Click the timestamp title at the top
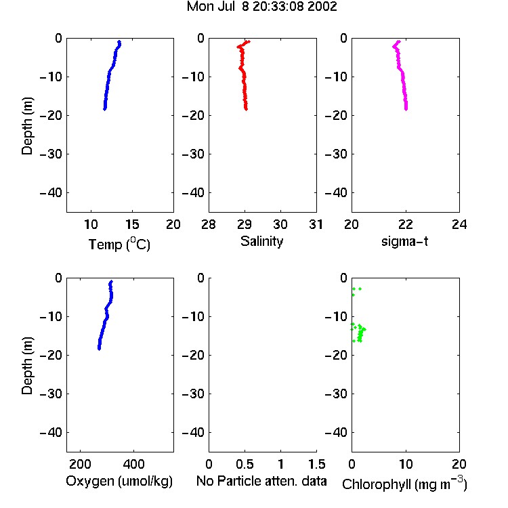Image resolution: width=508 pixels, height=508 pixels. [x=261, y=6]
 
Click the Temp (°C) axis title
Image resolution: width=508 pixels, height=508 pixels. [x=119, y=244]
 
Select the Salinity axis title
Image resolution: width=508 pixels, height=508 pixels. [x=261, y=241]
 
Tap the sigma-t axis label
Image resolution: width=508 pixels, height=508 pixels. [x=404, y=241]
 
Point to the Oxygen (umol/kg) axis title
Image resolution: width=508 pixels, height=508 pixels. [x=119, y=481]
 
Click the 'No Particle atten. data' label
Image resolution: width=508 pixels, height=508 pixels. [x=261, y=481]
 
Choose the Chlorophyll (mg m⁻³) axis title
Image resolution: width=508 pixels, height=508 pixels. [x=404, y=484]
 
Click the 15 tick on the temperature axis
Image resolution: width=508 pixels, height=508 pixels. [x=132, y=224]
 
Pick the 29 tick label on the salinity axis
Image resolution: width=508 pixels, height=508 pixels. [x=245, y=224]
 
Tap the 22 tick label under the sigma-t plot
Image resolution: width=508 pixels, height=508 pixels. [x=406, y=224]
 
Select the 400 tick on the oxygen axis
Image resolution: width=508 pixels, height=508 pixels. [x=133, y=464]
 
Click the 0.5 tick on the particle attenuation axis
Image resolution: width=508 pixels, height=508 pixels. [x=245, y=464]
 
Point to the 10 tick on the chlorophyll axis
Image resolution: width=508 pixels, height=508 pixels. [x=406, y=464]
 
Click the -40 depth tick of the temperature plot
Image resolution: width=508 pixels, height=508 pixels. [x=51, y=193]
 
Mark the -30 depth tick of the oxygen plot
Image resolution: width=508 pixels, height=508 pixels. [x=51, y=394]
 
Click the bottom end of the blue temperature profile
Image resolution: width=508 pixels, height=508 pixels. [x=104, y=109]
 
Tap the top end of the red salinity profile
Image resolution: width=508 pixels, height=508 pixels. [x=249, y=41]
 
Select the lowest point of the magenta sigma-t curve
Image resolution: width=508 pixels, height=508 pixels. [x=406, y=109]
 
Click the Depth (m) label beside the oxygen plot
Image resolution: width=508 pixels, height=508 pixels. [x=27, y=366]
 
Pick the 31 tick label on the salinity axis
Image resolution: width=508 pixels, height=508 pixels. [x=316, y=224]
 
